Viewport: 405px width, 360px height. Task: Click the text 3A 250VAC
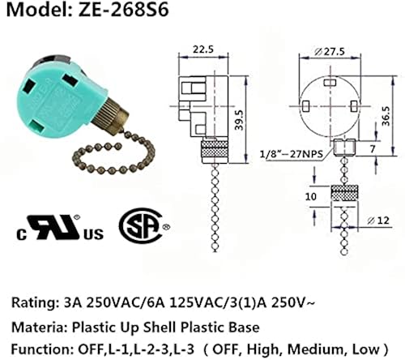[x=104, y=304]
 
